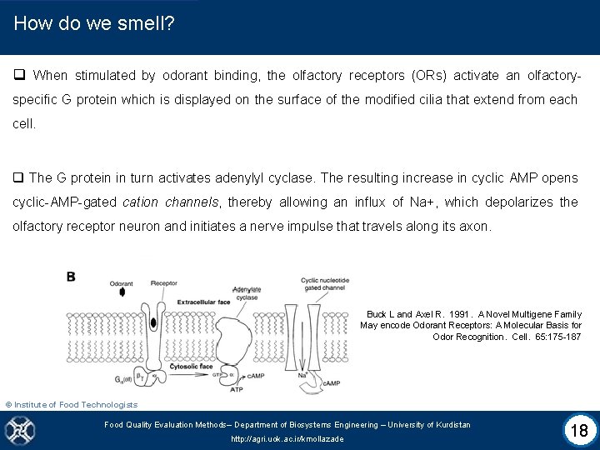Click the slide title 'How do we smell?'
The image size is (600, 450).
pyautogui.click(x=94, y=23)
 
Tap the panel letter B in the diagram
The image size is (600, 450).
pyautogui.click(x=71, y=277)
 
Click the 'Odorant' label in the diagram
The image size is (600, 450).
pyautogui.click(x=121, y=284)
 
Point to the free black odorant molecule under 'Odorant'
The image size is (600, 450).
pyautogui.click(x=122, y=293)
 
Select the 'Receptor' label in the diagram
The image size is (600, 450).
pyautogui.click(x=164, y=284)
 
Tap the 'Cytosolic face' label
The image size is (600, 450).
pyautogui.click(x=192, y=367)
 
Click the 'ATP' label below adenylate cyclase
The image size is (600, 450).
pyautogui.click(x=237, y=389)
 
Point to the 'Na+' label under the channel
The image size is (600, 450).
pyautogui.click(x=303, y=376)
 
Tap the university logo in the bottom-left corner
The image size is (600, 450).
pyautogui.click(x=17, y=430)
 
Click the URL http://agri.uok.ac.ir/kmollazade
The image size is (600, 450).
pyautogui.click(x=287, y=439)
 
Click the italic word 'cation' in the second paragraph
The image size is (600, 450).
pyautogui.click(x=141, y=202)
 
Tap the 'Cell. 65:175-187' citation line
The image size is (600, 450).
pyautogui.click(x=507, y=337)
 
